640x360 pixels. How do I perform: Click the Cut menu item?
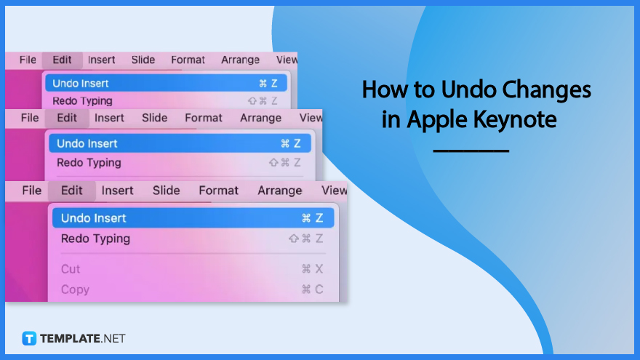71,269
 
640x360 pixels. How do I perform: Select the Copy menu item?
75,289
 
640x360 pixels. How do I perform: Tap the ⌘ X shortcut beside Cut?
312,269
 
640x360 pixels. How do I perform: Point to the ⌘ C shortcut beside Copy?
312,289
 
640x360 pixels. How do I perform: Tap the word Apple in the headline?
436,121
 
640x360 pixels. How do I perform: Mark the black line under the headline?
471,151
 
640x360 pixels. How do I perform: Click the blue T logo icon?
29,338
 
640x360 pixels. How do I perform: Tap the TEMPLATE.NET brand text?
82,338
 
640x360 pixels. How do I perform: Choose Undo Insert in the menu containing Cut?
94,218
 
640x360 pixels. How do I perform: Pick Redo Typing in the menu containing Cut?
95,239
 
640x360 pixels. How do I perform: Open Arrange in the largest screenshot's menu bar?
279,191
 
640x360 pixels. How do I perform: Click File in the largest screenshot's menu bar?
31,191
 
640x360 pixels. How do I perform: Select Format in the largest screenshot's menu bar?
218,191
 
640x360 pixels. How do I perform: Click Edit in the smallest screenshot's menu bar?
62,60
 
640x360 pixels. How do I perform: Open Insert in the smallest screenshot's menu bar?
101,60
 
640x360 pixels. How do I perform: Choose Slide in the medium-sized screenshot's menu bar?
154,118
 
